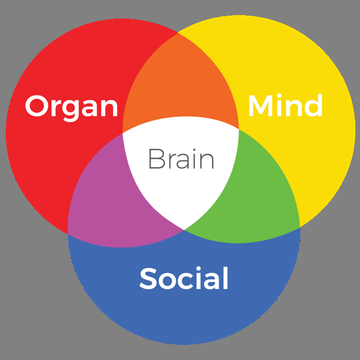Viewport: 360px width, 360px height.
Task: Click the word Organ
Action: click(71, 107)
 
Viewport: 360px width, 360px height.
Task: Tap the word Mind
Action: click(285, 106)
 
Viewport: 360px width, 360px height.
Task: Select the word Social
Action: click(184, 279)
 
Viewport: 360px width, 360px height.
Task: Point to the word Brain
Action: click(181, 159)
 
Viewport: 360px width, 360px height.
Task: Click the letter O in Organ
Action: click(37, 107)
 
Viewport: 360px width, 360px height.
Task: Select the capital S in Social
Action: click(148, 279)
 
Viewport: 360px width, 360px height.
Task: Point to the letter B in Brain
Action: click(155, 159)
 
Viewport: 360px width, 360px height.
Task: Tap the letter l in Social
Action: click(224, 278)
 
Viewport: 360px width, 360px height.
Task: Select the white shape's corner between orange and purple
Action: click(123, 133)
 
